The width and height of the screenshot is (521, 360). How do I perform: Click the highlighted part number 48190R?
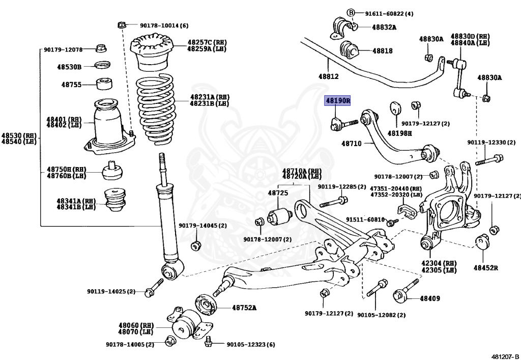click(338, 101)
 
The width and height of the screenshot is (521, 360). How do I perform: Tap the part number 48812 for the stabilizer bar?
click(328, 76)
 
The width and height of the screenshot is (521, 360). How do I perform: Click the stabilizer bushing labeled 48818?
click(349, 50)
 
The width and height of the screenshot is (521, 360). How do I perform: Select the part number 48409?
click(430, 298)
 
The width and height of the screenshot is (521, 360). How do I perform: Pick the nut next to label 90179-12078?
click(101, 49)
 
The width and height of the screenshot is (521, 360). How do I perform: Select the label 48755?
click(71, 85)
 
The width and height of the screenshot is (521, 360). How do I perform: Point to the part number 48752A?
click(244, 308)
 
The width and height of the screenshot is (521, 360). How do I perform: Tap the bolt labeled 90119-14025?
click(150, 292)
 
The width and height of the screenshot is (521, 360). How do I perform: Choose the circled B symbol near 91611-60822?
click(350, 12)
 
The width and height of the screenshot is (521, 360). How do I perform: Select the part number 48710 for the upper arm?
click(351, 144)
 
